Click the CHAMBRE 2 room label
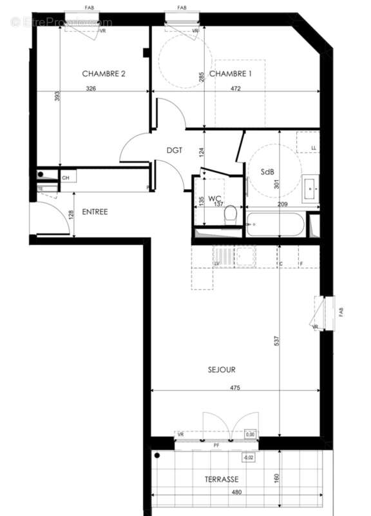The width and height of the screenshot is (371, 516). (x=103, y=74)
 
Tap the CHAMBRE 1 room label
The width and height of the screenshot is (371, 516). (x=230, y=74)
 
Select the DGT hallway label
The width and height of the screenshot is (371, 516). (x=175, y=150)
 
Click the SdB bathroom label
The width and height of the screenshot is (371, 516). (x=268, y=172)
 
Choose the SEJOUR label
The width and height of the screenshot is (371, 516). (x=221, y=370)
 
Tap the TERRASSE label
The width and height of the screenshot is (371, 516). (x=222, y=479)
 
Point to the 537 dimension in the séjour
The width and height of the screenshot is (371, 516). (x=277, y=341)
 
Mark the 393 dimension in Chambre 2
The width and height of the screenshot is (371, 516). (x=58, y=96)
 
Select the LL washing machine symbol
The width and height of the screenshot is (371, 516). (x=307, y=143)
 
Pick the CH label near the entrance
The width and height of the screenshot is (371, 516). (x=66, y=177)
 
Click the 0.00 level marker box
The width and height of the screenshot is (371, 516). (x=251, y=435)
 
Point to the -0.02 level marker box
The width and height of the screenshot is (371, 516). (x=247, y=458)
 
